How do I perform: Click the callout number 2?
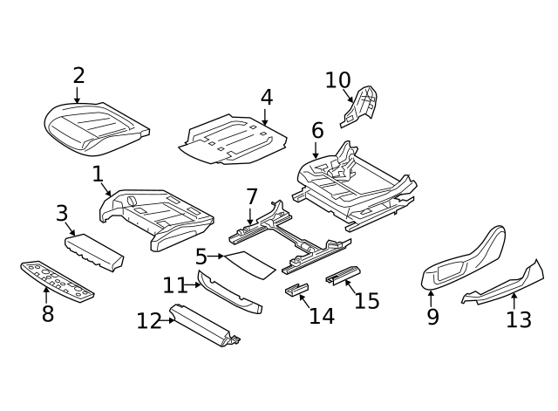click(x=78, y=76)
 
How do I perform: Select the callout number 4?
click(x=266, y=97)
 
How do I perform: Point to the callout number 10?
click(x=337, y=80)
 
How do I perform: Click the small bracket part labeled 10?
click(x=362, y=105)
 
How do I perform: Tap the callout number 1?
click(x=98, y=175)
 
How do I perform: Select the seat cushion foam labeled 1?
click(x=157, y=218)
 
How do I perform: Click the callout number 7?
click(x=251, y=197)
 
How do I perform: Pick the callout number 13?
click(x=518, y=319)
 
